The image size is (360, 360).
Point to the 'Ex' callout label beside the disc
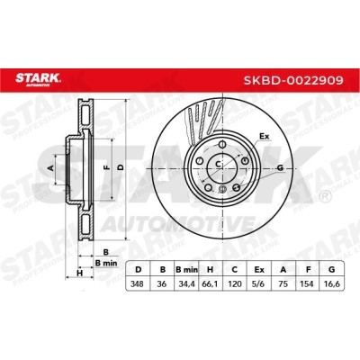(x=265, y=137)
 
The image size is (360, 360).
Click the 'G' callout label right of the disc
(x=282, y=168)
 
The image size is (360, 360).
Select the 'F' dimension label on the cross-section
(x=107, y=167)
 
